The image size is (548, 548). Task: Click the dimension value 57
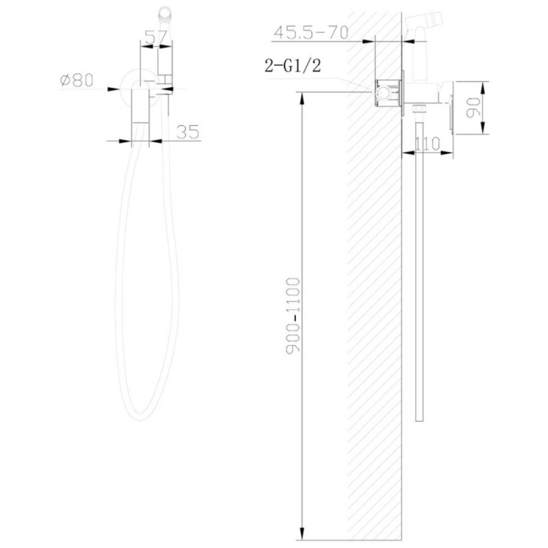[155, 37]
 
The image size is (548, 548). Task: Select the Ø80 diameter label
[77, 80]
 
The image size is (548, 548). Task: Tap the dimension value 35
[188, 132]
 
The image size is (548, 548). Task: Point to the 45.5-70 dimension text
[312, 33]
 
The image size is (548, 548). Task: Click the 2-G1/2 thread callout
[292, 65]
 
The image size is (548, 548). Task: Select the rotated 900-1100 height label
[293, 316]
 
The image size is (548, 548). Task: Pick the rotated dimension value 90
[473, 108]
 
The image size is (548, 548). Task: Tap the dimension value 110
[427, 143]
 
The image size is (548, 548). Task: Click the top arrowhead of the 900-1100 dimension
[302, 98]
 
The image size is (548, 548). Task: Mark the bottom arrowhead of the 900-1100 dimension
[302, 534]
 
